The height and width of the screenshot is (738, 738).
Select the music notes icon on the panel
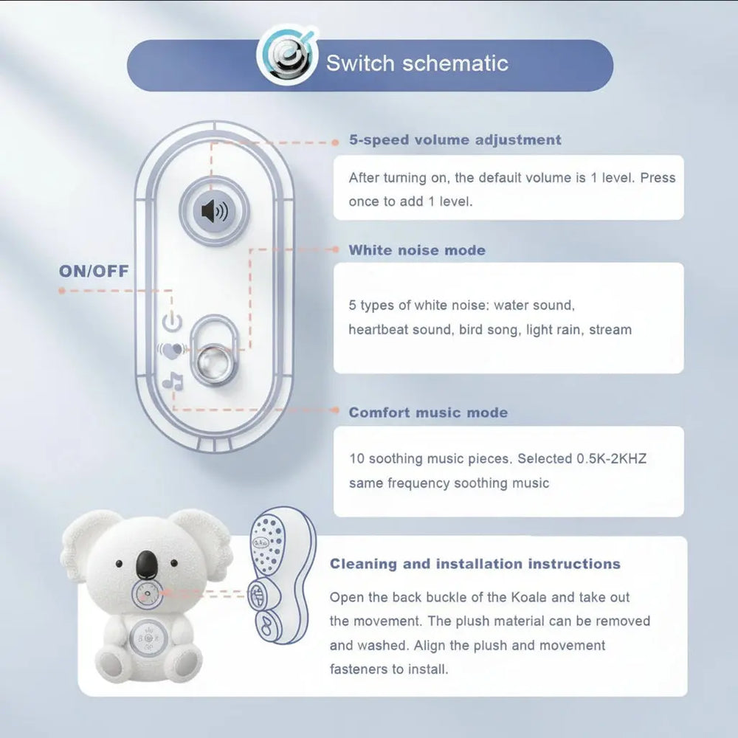click(x=173, y=382)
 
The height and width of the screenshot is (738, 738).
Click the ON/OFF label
click(x=94, y=271)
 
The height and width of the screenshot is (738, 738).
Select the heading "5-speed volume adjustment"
click(x=455, y=140)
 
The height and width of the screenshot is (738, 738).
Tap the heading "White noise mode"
click(x=417, y=250)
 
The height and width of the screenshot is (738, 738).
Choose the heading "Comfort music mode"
click(x=428, y=413)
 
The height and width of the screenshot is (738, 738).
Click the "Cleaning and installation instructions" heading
click(x=475, y=565)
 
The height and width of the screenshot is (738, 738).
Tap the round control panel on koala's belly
click(x=151, y=634)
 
